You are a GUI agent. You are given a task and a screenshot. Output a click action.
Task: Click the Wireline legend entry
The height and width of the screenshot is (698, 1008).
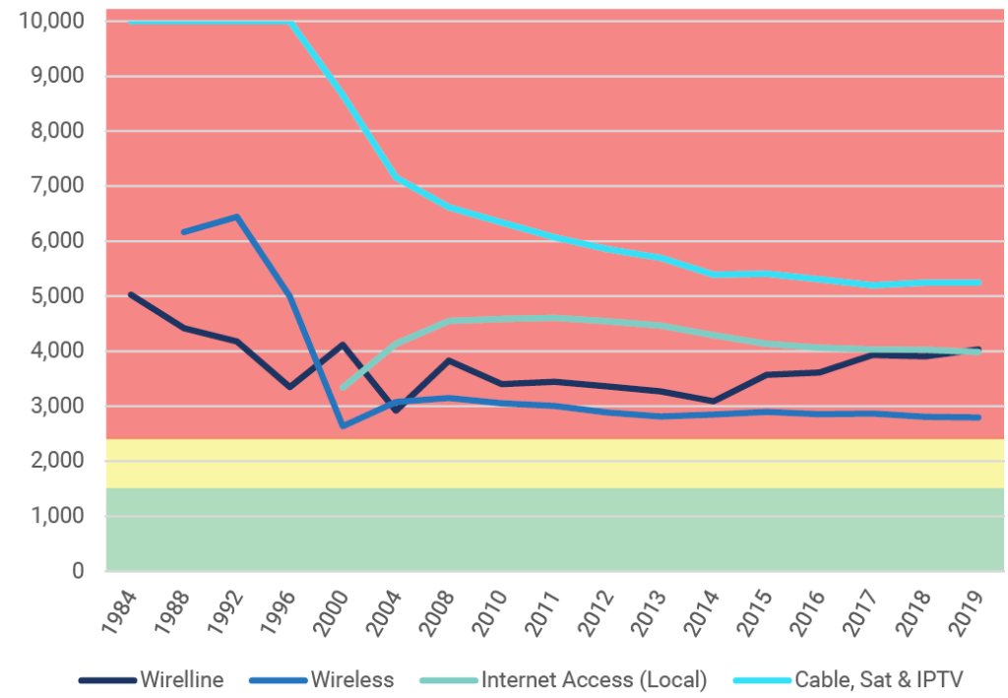click(x=181, y=679)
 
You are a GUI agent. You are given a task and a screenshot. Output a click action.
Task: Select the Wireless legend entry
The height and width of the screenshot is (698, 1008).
click(x=351, y=679)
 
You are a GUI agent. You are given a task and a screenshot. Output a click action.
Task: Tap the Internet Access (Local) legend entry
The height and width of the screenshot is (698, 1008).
click(x=593, y=679)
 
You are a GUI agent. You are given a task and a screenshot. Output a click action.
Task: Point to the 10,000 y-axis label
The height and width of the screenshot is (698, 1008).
click(x=51, y=21)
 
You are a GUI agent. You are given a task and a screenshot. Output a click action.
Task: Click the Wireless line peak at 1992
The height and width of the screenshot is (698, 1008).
click(x=237, y=217)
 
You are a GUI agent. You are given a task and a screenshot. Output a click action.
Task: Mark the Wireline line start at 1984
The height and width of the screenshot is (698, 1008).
click(x=131, y=294)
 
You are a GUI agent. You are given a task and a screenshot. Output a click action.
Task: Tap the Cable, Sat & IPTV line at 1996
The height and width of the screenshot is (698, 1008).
click(x=290, y=22)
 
